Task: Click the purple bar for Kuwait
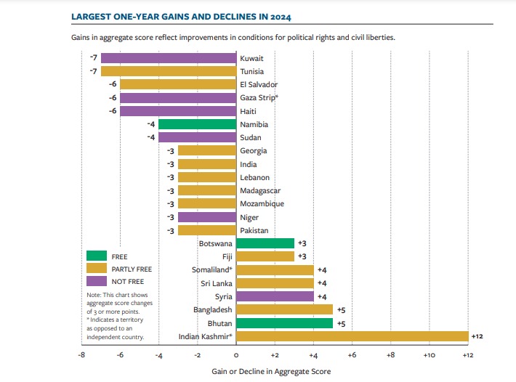[x=169, y=58]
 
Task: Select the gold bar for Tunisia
[x=169, y=71]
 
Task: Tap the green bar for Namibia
[x=197, y=124]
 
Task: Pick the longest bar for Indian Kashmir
[x=352, y=336]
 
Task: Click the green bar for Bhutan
[x=284, y=322]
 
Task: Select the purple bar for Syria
[x=275, y=296]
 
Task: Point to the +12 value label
[x=477, y=336]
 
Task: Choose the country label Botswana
[x=215, y=243]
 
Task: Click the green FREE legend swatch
[x=96, y=256]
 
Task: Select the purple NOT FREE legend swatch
[x=96, y=281]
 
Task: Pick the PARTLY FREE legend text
[x=132, y=269]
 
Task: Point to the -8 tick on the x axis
[x=81, y=355]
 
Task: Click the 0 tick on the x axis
[x=236, y=355]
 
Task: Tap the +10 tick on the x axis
[x=429, y=355]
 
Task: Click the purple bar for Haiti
[x=178, y=111]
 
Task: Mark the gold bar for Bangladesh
[x=284, y=309]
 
